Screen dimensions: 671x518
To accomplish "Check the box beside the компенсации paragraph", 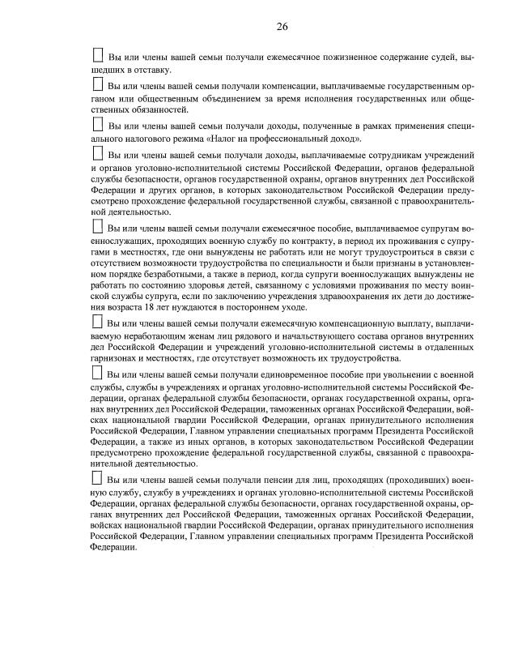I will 98,84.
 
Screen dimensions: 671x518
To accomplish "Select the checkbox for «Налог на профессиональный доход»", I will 98,125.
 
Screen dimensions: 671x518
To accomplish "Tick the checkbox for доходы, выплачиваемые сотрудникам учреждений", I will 98,153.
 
